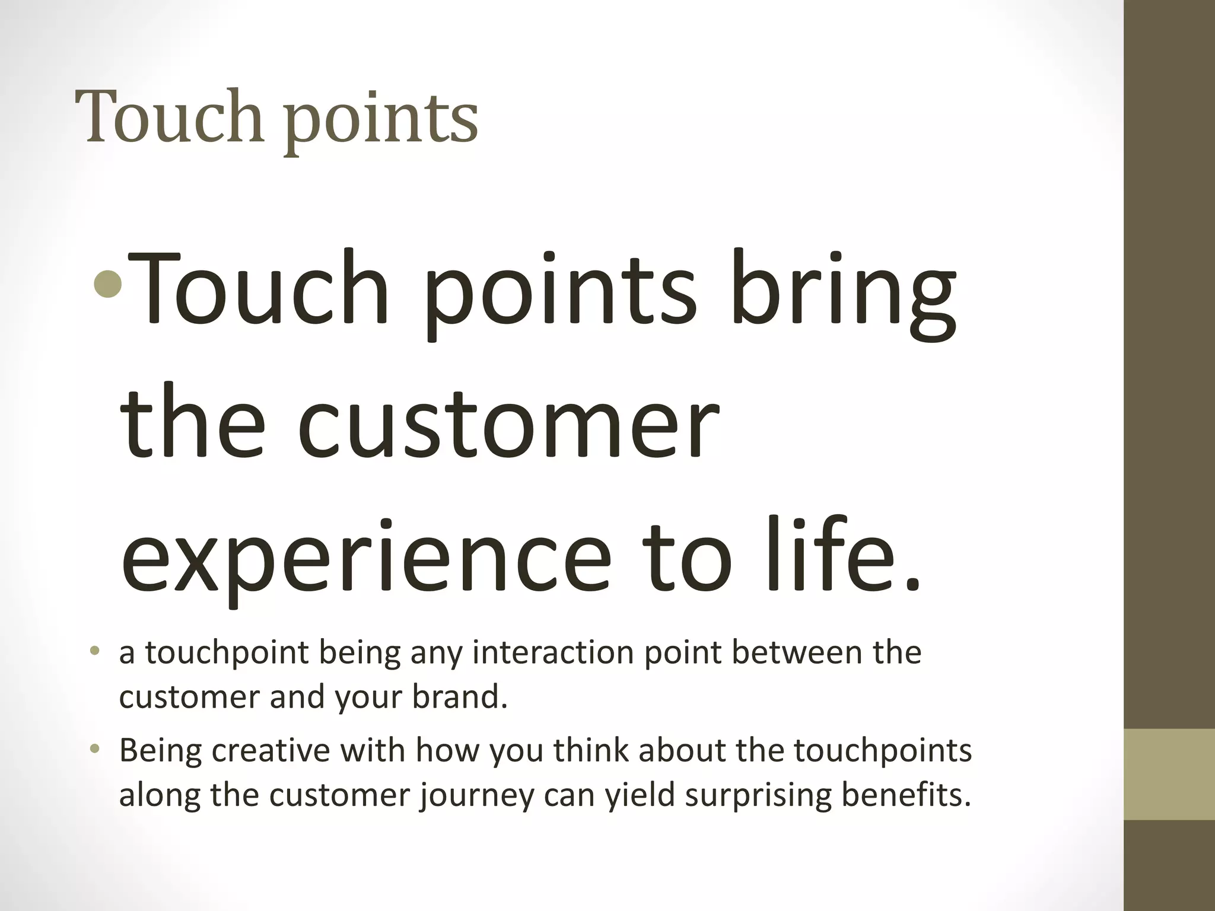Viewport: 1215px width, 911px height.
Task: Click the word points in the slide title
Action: click(382, 122)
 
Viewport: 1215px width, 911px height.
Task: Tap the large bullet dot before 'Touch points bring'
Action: click(107, 286)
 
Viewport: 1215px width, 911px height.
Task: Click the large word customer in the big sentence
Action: click(508, 425)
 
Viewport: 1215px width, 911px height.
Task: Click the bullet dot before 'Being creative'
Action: click(94, 750)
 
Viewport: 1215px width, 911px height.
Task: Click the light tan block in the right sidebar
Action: click(1169, 775)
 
